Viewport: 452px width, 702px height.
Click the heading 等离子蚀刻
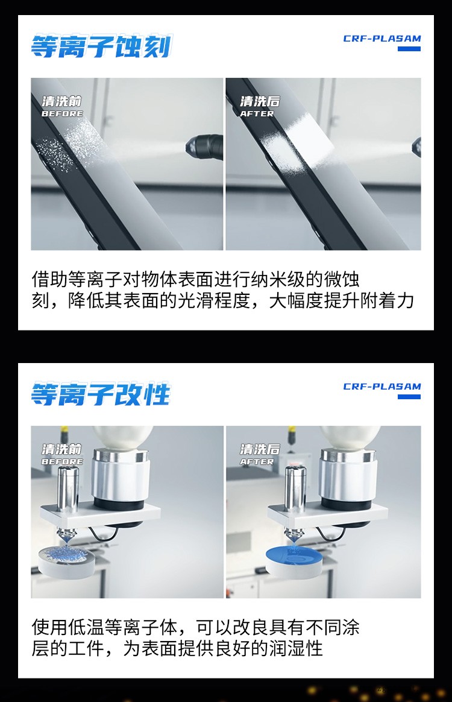tap(101, 46)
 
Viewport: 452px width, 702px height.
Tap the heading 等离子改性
tap(101, 394)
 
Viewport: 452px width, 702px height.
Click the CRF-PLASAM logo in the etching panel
tap(382, 39)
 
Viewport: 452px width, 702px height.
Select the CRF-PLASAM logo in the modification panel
tap(382, 387)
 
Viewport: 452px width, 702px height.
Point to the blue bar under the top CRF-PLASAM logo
tap(409, 49)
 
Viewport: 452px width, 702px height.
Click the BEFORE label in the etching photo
tap(62, 114)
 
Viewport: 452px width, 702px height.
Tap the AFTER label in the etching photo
tap(257, 114)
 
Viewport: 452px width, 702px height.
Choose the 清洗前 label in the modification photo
tap(62, 449)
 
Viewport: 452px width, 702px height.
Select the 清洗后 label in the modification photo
tap(260, 449)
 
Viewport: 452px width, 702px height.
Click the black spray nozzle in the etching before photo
tap(206, 144)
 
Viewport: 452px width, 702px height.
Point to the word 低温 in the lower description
tap(86, 627)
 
